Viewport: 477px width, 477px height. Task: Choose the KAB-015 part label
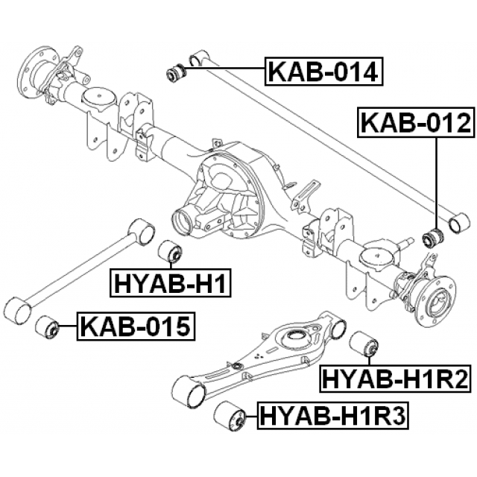coord(135,326)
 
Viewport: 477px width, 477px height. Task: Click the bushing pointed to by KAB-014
coord(177,73)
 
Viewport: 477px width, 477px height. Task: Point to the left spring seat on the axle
coord(97,98)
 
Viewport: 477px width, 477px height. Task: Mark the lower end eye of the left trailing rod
coord(17,310)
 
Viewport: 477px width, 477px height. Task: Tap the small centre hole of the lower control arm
coord(236,366)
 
